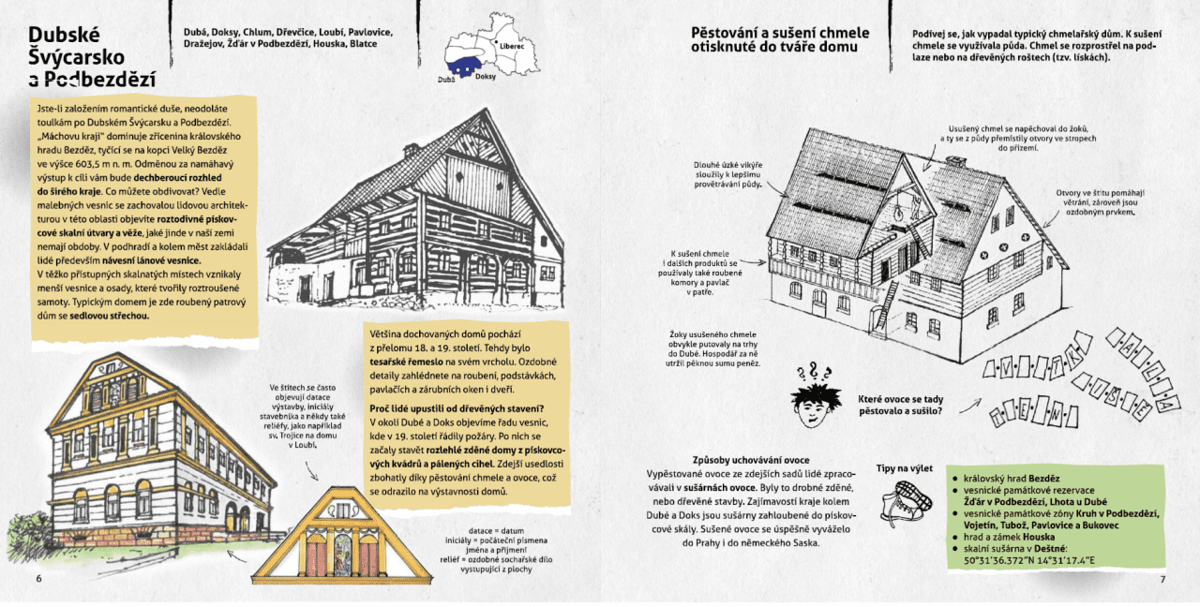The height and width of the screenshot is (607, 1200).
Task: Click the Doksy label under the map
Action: [x=486, y=77]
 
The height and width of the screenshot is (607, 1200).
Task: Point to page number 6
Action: [x=38, y=578]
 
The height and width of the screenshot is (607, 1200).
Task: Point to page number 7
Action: [x=1162, y=578]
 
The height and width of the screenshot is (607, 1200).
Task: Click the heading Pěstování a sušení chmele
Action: [x=780, y=39]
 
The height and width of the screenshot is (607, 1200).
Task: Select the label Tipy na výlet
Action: [x=904, y=468]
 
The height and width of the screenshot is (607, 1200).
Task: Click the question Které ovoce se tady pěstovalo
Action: [x=901, y=405]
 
